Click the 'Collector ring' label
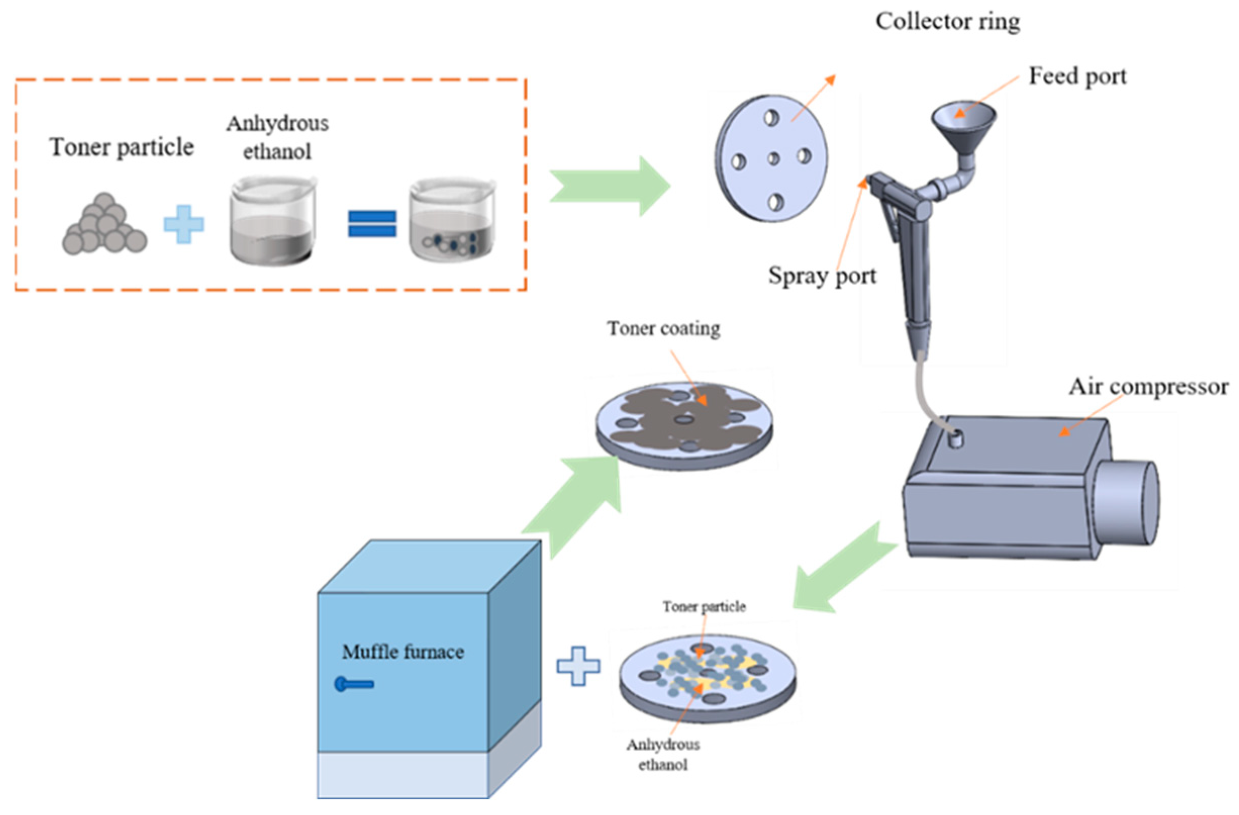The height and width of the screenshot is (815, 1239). point(947,22)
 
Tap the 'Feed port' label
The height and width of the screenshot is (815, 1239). point(1077,77)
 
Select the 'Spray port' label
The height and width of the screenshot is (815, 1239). point(822,275)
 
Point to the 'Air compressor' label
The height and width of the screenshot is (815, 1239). point(1149,387)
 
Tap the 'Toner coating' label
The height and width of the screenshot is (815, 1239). point(663,328)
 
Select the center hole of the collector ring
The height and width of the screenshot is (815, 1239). point(774,158)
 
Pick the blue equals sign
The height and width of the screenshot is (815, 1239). point(372,223)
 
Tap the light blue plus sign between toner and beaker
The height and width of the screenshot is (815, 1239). point(184,224)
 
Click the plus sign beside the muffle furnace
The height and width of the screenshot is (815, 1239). point(578,666)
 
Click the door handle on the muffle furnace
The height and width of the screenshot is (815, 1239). point(355,684)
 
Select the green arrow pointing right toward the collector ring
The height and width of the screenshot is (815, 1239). point(609,186)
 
